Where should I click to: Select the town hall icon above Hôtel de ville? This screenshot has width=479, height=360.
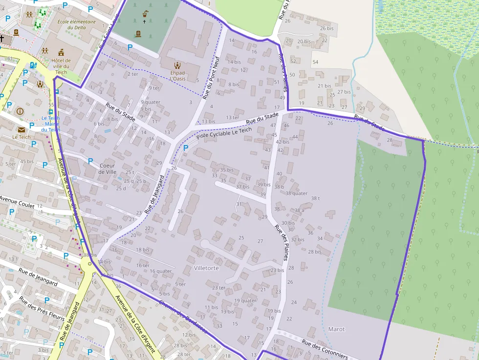(x=61, y=52)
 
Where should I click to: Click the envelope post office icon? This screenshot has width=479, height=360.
(x=22, y=129)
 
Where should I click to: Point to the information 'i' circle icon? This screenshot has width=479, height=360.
(x=20, y=111)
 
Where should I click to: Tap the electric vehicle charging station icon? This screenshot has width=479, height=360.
(x=33, y=65)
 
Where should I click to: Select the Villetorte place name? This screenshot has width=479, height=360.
(x=206, y=268)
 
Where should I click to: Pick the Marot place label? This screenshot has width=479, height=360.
(x=336, y=329)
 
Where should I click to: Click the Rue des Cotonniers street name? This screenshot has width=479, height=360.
(x=325, y=349)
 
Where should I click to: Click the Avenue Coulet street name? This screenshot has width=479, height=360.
(x=17, y=202)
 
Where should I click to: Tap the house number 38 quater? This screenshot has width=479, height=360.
(x=296, y=193)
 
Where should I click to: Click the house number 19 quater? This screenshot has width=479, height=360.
(x=245, y=301)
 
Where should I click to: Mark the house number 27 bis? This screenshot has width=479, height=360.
(x=344, y=92)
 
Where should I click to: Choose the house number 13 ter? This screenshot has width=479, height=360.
(x=233, y=118)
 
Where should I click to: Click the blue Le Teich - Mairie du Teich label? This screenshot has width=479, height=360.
(x=50, y=124)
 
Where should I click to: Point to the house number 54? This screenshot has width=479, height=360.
(x=315, y=62)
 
